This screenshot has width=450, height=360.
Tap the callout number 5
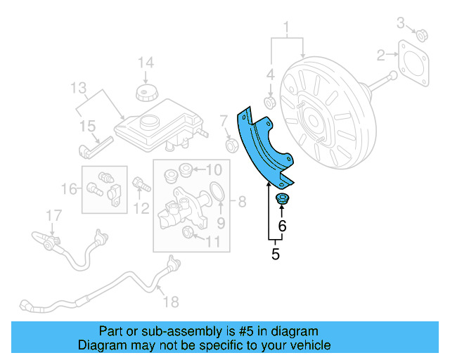click(275, 255)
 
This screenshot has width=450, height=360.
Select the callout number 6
click(282, 226)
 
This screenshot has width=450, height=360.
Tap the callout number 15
click(86, 126)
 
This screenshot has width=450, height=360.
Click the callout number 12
click(143, 207)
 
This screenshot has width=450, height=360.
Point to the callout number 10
click(213, 169)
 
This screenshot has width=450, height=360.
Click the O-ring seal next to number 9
click(217, 192)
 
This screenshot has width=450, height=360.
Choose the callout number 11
click(212, 243)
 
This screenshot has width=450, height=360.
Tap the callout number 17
click(54, 215)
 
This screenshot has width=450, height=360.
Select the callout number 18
click(171, 302)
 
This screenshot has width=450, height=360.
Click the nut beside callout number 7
click(230, 146)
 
